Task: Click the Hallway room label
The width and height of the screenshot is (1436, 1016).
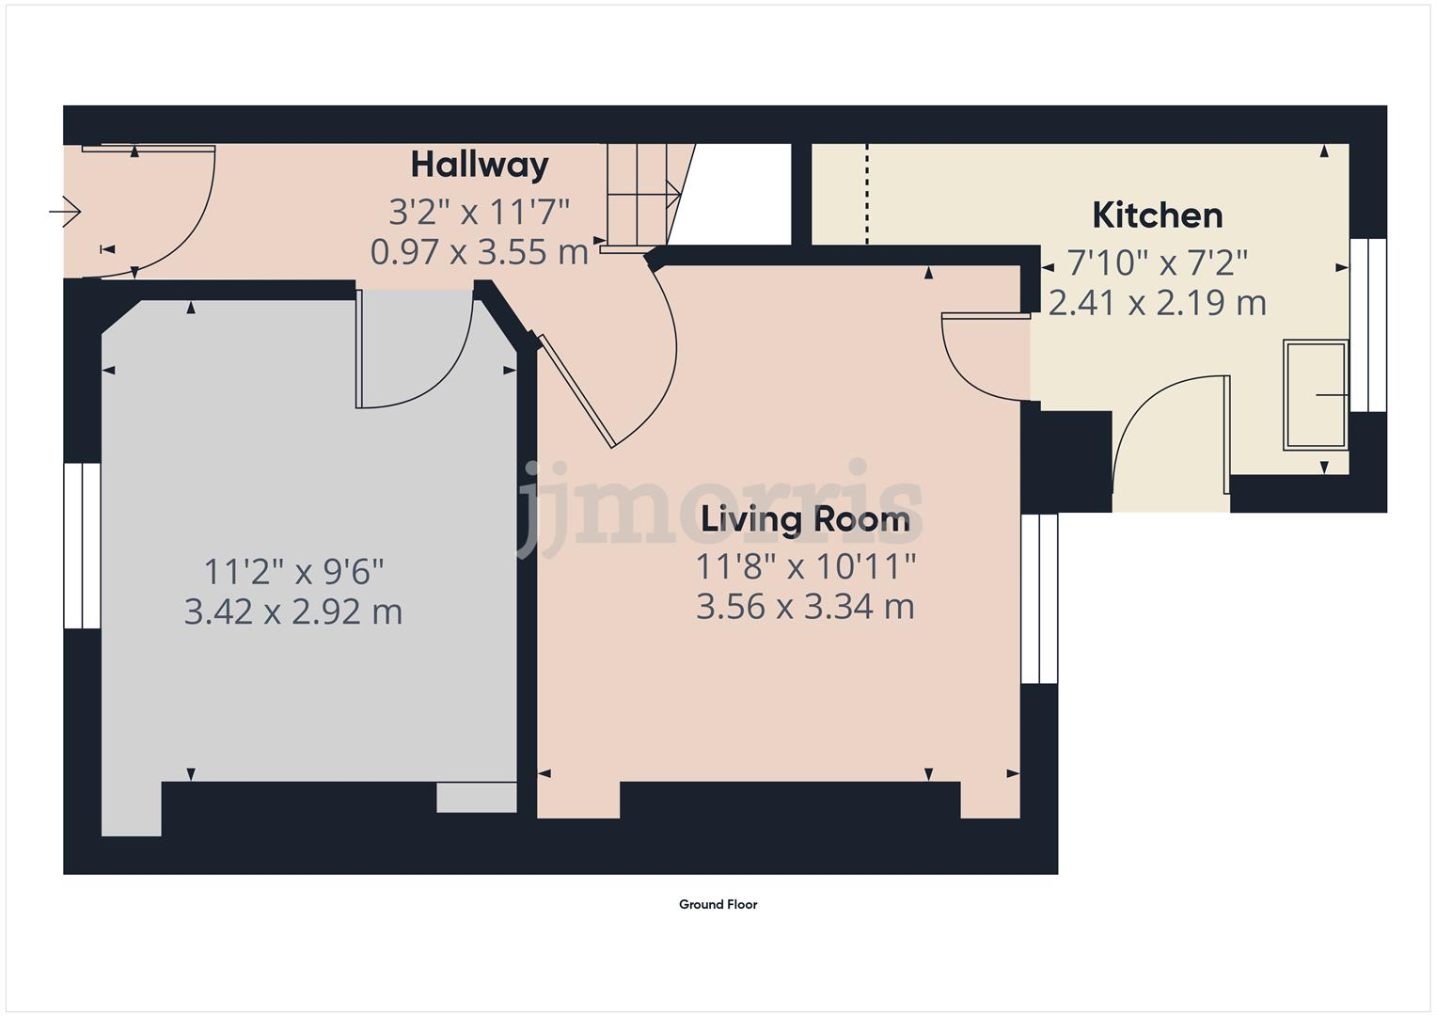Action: (x=480, y=166)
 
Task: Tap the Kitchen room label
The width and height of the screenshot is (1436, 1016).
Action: (x=1157, y=216)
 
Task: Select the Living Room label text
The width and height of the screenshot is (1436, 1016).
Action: (x=805, y=519)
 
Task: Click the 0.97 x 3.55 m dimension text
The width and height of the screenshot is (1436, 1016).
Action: (x=480, y=252)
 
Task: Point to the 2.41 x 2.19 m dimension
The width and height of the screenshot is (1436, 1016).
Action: (x=1157, y=303)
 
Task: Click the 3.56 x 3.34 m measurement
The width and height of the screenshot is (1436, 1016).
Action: (x=805, y=607)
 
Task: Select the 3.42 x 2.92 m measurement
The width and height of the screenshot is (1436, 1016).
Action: (x=293, y=612)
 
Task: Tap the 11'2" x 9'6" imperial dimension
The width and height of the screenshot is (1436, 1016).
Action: (x=293, y=571)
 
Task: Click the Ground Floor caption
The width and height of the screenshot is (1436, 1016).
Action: (x=718, y=905)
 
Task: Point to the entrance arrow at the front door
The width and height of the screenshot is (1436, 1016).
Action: (x=65, y=212)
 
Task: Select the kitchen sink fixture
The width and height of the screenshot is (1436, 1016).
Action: (x=1315, y=395)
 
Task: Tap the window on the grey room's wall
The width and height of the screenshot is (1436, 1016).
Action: (x=83, y=546)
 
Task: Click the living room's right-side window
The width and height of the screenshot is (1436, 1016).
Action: (x=1040, y=598)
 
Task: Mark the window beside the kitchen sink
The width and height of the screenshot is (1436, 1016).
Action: (x=1368, y=325)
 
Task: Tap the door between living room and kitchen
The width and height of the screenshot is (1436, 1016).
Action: (x=978, y=362)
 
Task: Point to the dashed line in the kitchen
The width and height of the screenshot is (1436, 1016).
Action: (x=867, y=194)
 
